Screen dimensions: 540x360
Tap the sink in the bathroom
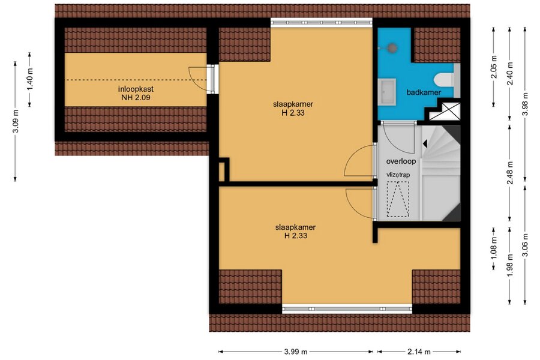[387, 92]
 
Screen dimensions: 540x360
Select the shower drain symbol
[391, 48]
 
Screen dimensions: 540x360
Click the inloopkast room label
[136, 89]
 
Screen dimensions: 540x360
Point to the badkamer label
[424, 92]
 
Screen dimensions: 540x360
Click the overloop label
[401, 161]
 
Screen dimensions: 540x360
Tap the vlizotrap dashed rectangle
[398, 199]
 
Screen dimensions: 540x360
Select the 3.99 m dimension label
[296, 352]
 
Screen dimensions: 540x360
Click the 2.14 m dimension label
[419, 352]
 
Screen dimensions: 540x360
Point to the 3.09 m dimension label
[15, 121]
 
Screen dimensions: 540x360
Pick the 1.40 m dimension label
[29, 80]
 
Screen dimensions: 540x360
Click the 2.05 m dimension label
[494, 67]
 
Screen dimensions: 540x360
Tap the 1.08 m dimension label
[494, 248]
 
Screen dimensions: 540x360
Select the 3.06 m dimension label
[525, 245]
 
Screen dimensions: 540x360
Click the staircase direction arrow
[425, 143]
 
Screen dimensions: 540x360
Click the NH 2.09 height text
[136, 97]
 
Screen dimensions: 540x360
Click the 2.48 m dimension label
[510, 173]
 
